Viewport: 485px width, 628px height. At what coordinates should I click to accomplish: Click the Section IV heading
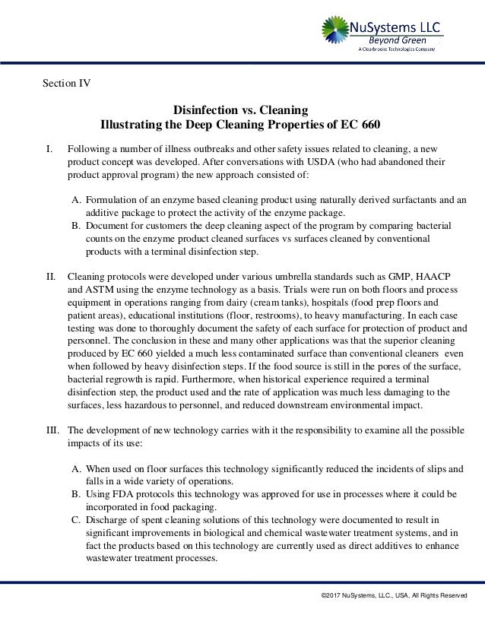click(65, 83)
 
